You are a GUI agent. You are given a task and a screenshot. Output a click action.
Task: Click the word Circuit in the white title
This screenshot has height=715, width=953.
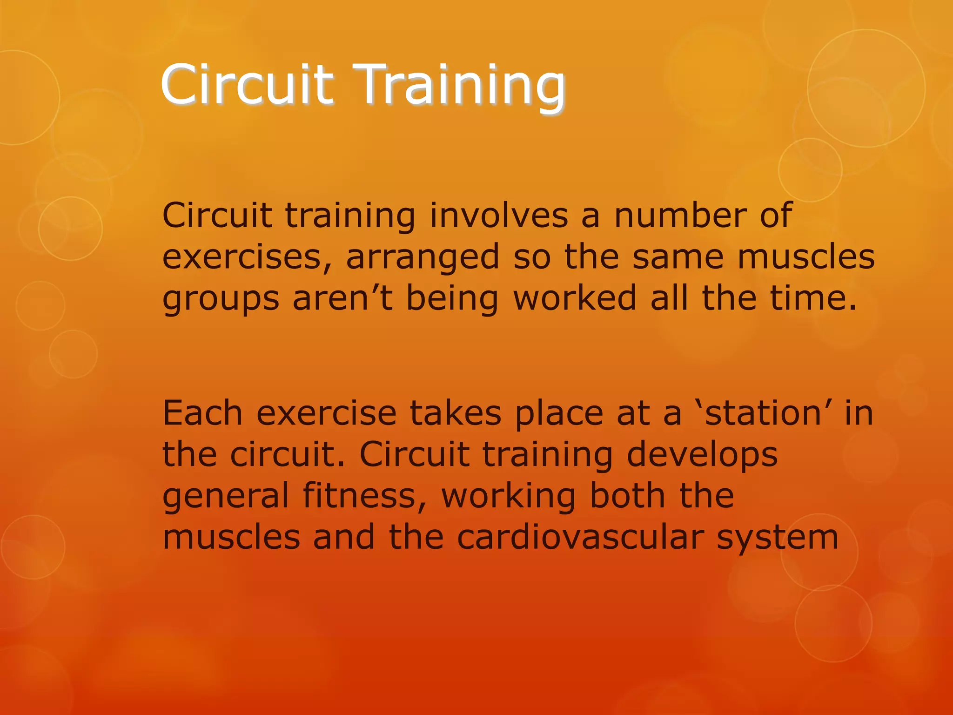tap(247, 85)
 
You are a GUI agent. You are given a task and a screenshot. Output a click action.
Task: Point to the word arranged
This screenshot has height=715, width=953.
tap(423, 257)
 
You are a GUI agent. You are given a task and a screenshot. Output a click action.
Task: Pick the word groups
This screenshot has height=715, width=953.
tap(221, 299)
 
